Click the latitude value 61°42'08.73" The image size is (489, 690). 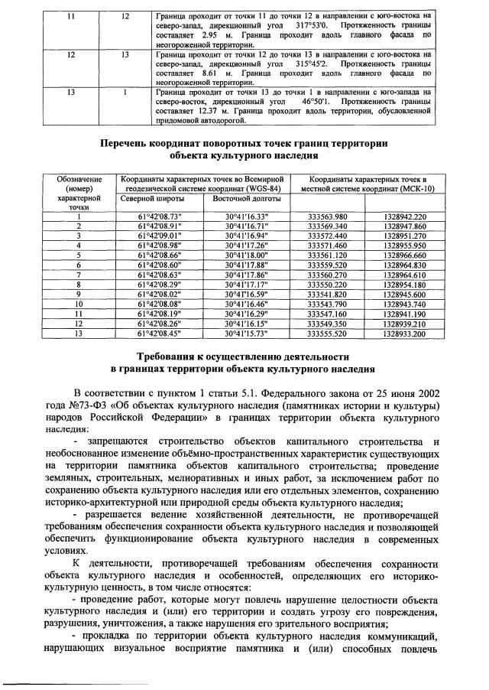(159, 216)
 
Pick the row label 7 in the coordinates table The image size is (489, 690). (78, 275)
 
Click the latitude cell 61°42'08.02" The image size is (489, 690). (159, 293)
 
